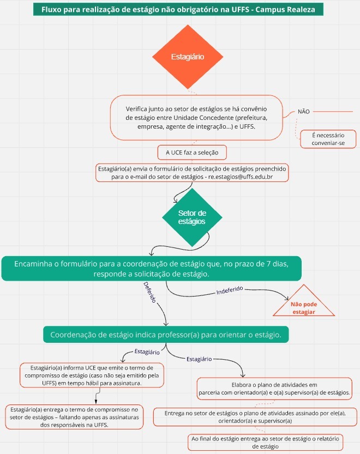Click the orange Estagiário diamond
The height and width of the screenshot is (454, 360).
[188, 57]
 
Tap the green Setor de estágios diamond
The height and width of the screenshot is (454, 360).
[192, 217]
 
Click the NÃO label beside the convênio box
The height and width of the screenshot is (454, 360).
[303, 112]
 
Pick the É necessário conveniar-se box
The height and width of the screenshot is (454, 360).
[328, 139]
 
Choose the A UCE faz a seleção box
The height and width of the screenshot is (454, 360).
[192, 153]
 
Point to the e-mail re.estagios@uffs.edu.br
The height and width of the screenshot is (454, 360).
[241, 177]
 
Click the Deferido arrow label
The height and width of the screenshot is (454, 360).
[150, 292]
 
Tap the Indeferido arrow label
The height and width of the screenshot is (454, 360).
[230, 290]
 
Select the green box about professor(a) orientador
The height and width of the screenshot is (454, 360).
[166, 335]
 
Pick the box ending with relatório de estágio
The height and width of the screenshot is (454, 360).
[265, 443]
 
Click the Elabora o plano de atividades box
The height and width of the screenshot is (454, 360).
[274, 389]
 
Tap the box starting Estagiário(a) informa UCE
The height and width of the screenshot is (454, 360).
[92, 375]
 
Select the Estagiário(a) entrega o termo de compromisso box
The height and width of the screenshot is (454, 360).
[74, 417]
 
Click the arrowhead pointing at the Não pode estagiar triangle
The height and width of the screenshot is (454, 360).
[286, 298]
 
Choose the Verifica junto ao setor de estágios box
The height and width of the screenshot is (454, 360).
[196, 118]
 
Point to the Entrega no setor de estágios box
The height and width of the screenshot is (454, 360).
[255, 417]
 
